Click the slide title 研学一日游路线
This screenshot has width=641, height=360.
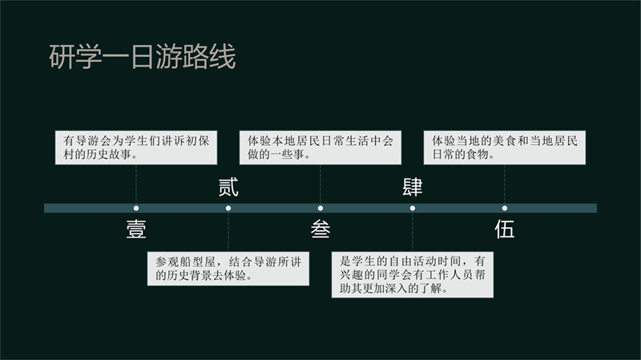[x=143, y=56]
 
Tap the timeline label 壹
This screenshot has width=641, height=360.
[x=136, y=229]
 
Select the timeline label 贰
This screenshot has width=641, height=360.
[x=228, y=188]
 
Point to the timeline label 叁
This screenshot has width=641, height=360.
[x=320, y=229]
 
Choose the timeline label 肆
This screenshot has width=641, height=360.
[x=413, y=188]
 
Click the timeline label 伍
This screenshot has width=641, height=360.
[x=505, y=229]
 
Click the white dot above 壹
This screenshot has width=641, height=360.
[x=136, y=208]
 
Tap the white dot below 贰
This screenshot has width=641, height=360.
[x=228, y=208]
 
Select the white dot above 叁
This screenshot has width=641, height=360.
[x=320, y=208]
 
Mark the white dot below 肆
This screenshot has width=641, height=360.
[x=413, y=208]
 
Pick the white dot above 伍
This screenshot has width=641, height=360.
[x=505, y=208]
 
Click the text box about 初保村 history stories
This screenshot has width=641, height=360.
[x=136, y=148]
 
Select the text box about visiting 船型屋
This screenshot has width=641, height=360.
[x=228, y=269]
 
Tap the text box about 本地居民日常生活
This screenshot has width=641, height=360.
[x=320, y=148]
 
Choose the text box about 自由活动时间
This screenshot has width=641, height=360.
[x=413, y=274]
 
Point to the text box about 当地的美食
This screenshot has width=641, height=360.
[x=505, y=148]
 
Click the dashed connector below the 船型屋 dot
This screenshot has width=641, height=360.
[x=228, y=232]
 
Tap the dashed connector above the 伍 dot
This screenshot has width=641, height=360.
[x=505, y=185]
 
